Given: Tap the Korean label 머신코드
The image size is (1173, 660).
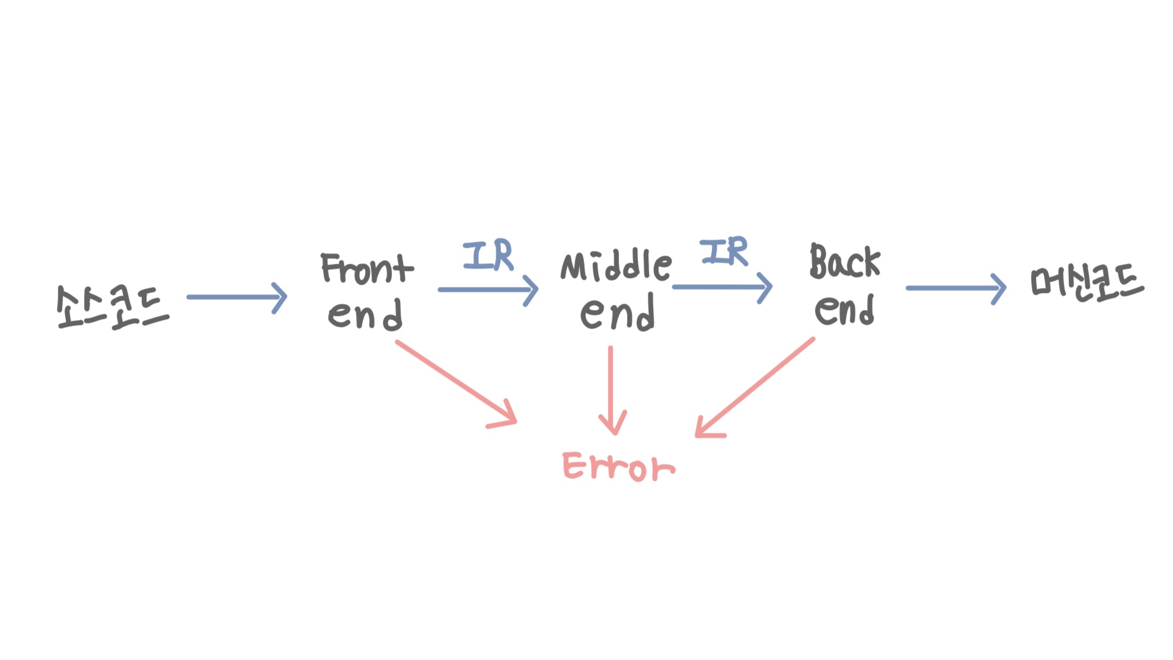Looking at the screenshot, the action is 1087,283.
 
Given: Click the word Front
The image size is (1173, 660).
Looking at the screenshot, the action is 366,269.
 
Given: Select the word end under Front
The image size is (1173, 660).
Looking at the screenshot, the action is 365,314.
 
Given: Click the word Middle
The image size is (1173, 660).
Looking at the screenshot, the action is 616,266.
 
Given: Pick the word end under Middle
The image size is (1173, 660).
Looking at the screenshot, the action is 617,313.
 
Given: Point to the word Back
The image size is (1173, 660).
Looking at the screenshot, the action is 845,262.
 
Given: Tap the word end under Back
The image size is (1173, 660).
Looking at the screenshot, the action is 844,310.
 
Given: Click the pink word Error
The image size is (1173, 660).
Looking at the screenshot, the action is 618,467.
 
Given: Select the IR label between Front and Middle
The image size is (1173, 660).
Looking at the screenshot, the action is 488,255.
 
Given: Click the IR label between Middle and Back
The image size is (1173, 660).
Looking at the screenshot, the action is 724,251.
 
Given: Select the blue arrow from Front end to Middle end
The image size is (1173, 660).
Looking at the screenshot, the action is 487,290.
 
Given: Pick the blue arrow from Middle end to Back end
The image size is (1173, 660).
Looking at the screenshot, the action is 721,287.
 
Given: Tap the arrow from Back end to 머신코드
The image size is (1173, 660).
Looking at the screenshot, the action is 955,288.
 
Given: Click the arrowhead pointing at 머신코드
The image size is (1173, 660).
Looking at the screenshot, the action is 999,289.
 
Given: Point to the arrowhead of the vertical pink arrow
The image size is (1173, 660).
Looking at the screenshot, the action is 613,424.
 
